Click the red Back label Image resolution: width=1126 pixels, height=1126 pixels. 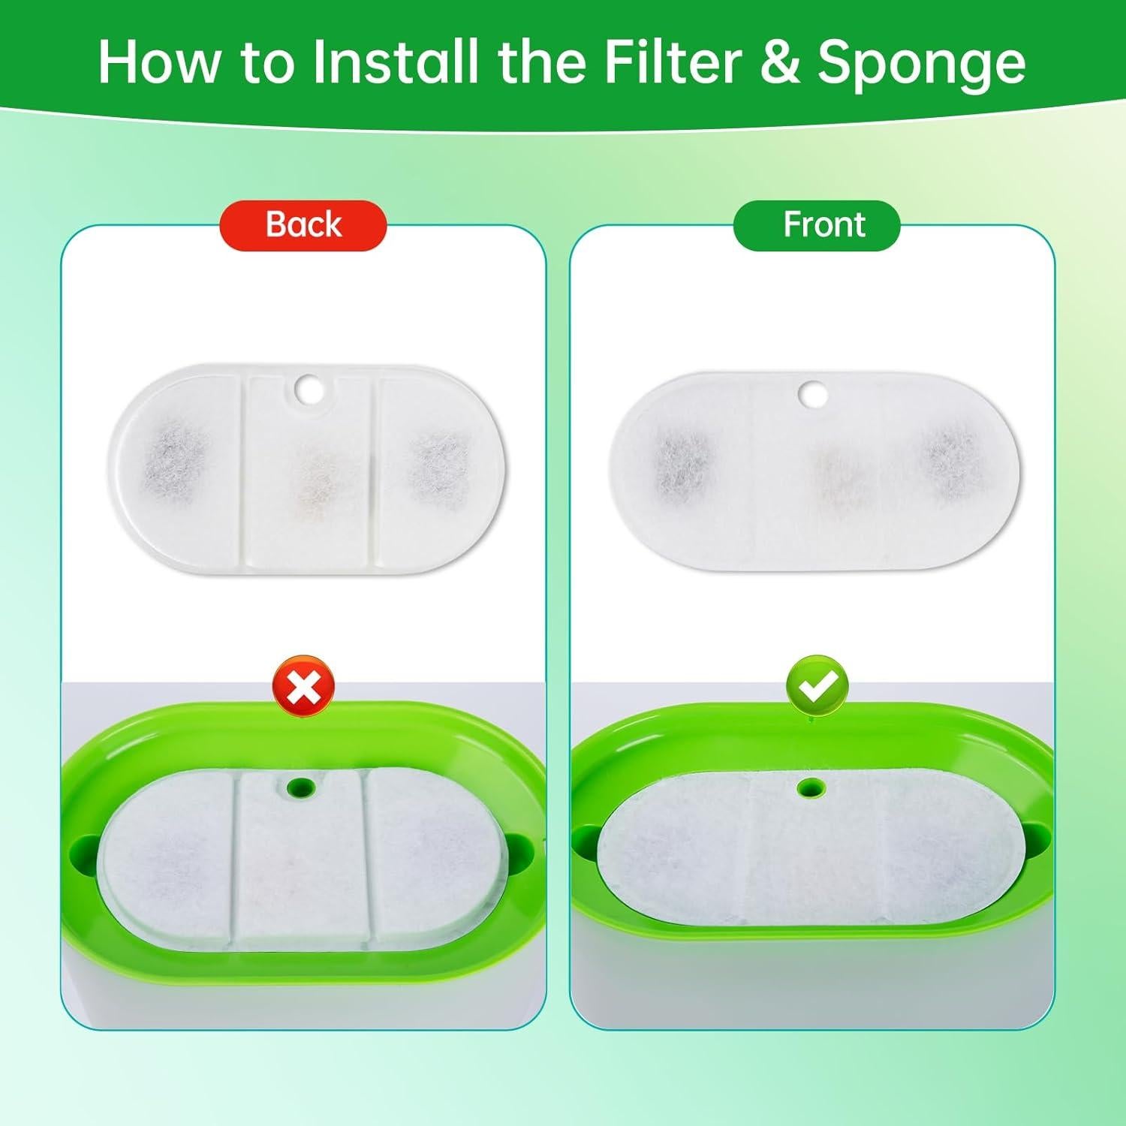tap(303, 225)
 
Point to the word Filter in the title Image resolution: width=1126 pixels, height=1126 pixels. tap(673, 62)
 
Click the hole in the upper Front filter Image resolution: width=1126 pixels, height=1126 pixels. tap(811, 393)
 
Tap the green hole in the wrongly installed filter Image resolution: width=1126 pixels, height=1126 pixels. tap(302, 787)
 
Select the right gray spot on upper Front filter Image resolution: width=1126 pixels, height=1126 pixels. tap(947, 457)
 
